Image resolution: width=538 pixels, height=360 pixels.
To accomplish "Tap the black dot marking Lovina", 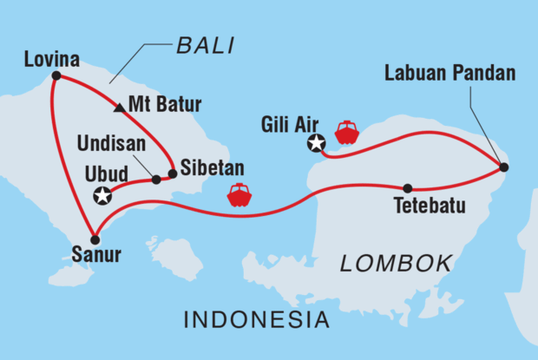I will [x=56, y=76].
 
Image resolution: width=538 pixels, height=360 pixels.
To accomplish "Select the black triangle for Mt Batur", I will [x=119, y=108].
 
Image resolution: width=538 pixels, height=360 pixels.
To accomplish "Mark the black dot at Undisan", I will [x=156, y=180].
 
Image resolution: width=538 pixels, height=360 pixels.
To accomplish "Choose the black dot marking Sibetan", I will [x=172, y=173].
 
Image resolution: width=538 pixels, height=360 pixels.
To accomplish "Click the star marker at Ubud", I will [x=102, y=196].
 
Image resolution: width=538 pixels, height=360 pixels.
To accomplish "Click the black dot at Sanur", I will [x=95, y=239].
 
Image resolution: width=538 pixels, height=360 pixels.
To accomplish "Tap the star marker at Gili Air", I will [x=317, y=144].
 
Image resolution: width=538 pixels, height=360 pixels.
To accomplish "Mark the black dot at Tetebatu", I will [x=408, y=188].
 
